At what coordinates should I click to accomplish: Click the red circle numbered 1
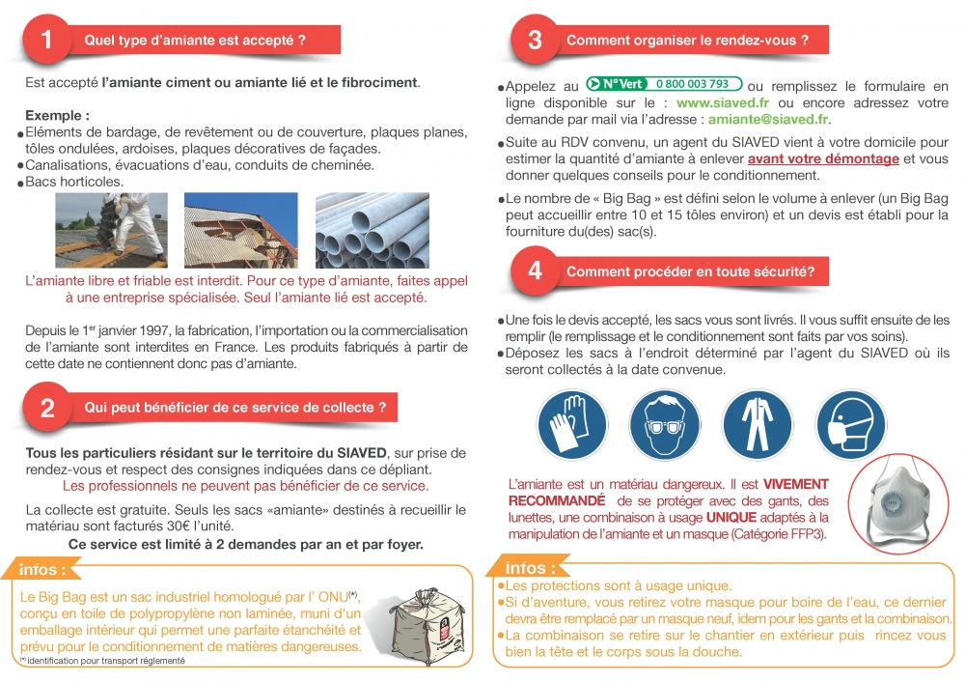[47, 40]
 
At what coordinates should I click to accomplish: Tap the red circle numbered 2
[47, 408]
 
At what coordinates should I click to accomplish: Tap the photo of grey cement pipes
[372, 231]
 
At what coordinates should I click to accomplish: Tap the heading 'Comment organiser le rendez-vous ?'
[686, 41]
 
